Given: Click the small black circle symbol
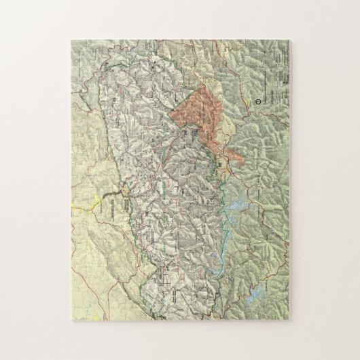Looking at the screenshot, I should coord(262,100).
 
